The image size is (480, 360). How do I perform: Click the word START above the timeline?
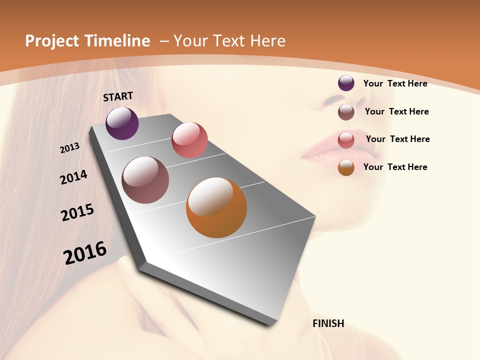118,96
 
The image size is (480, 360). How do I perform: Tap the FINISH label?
328,323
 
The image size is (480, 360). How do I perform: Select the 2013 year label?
69,148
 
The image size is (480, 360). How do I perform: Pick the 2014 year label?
73,177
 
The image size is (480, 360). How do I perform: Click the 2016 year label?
85,253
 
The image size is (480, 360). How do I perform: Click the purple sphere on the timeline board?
122,123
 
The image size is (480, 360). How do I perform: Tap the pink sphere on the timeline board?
189,140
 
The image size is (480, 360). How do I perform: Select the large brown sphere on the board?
145,180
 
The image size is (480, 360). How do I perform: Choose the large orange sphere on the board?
216,207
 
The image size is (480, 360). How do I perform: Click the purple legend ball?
346,83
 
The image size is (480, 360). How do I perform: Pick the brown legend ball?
346,112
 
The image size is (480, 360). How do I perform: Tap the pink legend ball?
346,140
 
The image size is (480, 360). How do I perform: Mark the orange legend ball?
346,167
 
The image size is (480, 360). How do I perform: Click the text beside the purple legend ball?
395,83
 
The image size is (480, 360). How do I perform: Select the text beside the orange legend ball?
395,167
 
